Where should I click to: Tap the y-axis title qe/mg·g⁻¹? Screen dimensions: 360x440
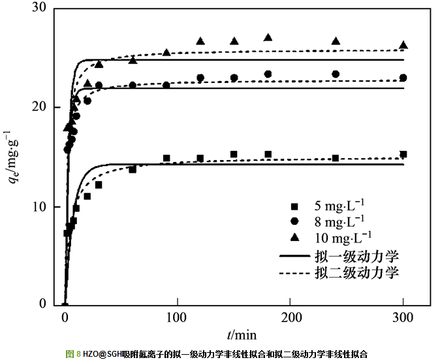[x=14, y=155]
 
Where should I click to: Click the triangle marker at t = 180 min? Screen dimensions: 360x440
[x=268, y=37]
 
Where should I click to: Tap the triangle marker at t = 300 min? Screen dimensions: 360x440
[x=403, y=45]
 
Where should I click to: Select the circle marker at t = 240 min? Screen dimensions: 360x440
[x=336, y=74]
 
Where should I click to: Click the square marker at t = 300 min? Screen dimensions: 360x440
[x=403, y=154]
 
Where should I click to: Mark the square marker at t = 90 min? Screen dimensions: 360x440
[x=166, y=158]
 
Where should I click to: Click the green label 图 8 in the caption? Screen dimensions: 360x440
[x=72, y=353]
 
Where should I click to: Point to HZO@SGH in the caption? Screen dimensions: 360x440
[x=101, y=353]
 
